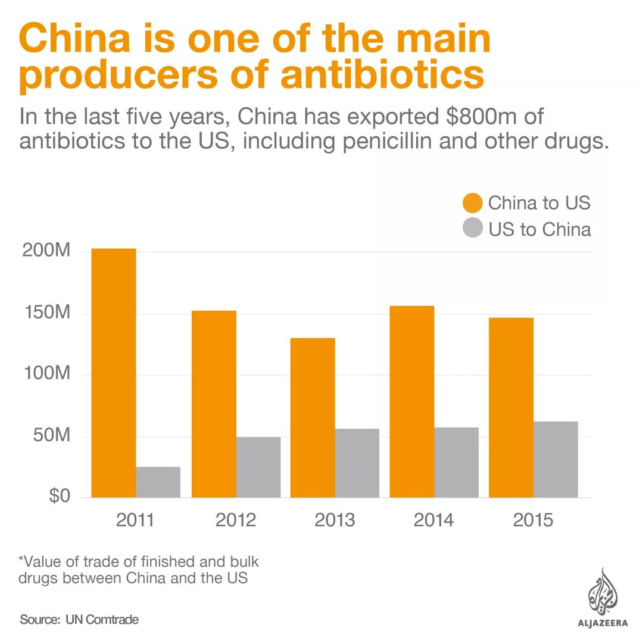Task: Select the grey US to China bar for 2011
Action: point(158,482)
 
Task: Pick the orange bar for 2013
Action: point(313,417)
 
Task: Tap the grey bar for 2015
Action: point(555,459)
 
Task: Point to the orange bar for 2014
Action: point(412,401)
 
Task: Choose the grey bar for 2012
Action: point(258,467)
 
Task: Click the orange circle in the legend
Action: point(472,203)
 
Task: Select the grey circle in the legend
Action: point(472,228)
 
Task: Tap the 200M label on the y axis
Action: point(46,251)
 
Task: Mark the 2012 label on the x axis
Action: point(235,520)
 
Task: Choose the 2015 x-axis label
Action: point(533,520)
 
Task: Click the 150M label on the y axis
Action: point(46,313)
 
